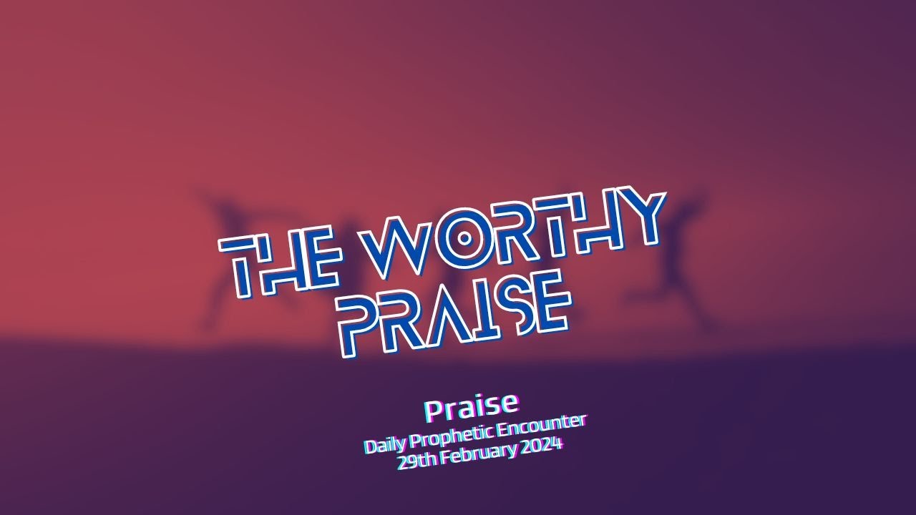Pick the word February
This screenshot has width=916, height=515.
[x=479, y=454]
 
